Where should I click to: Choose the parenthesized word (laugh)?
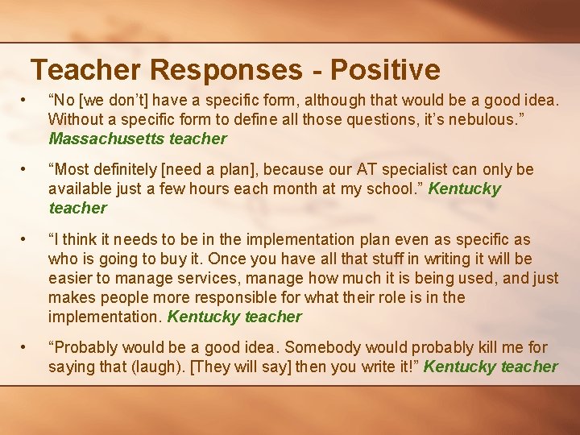140,367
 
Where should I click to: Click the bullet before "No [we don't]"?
27,100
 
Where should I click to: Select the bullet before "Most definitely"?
27,169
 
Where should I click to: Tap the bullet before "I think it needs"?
27,239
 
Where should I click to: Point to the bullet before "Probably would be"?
27,347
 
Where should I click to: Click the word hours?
226,188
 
